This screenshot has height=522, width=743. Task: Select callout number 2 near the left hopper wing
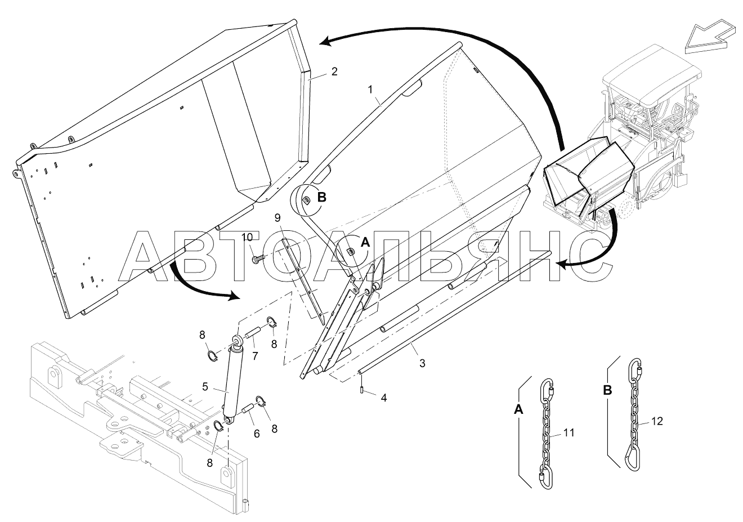[x=334, y=72]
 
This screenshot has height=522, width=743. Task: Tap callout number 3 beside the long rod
[x=422, y=364]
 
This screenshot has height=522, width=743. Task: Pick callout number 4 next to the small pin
[x=384, y=398]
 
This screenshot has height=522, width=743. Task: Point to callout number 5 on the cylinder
[x=205, y=387]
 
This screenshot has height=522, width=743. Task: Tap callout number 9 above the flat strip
[x=277, y=217]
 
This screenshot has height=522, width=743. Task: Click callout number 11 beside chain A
[x=569, y=433]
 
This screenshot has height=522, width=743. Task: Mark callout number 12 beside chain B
[x=656, y=421]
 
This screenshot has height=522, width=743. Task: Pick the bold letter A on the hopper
[x=365, y=242]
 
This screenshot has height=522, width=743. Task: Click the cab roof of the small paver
[x=653, y=74]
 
